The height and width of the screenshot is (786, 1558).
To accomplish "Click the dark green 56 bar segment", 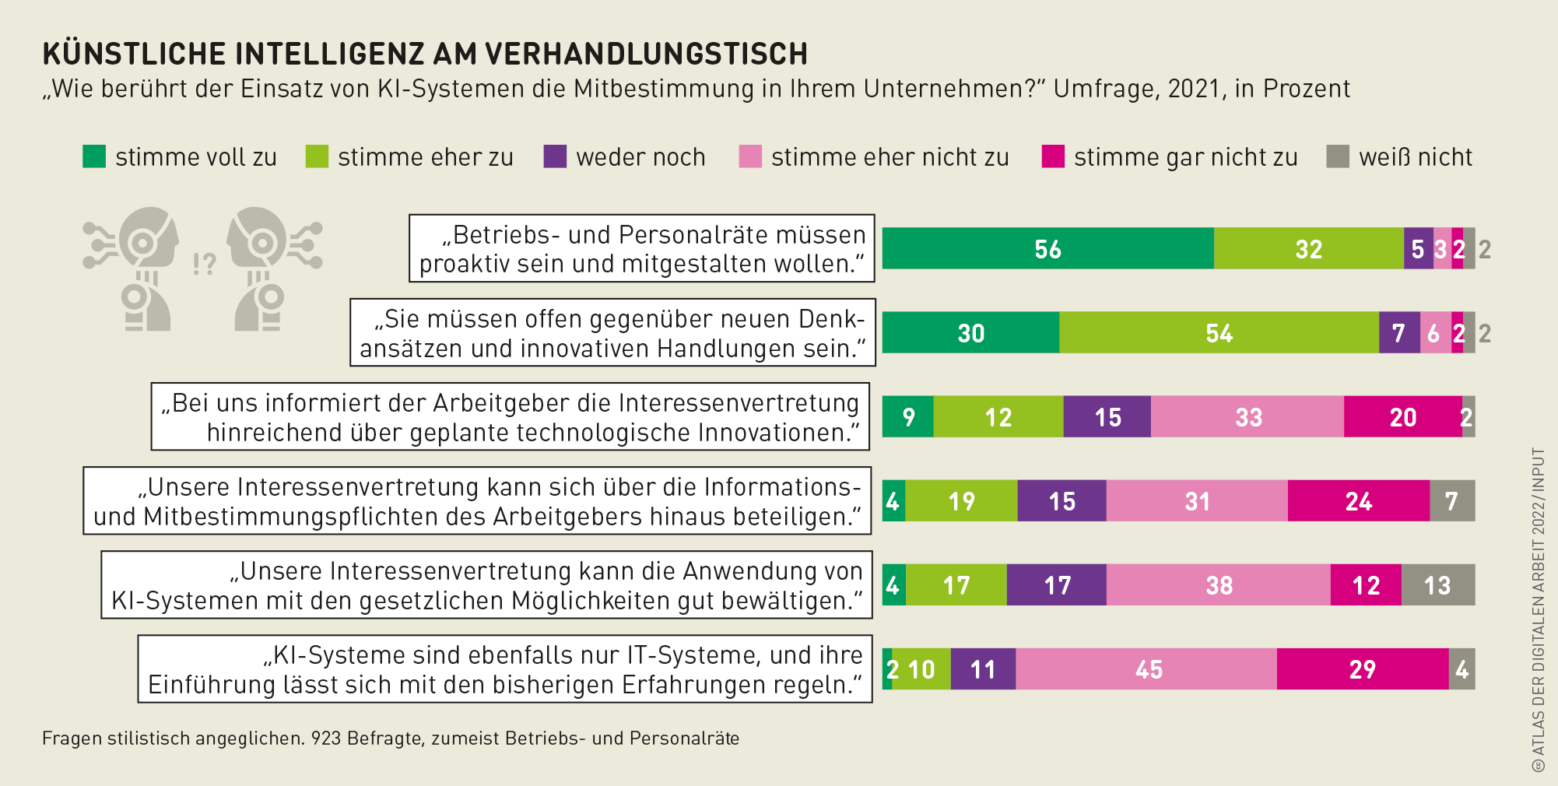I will (1047, 249).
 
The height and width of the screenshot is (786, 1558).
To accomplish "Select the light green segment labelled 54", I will (1219, 333).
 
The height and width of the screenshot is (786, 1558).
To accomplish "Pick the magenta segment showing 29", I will (1362, 669).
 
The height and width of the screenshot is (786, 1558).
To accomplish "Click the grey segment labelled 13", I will (1437, 585).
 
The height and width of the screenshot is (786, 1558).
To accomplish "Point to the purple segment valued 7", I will (1398, 333).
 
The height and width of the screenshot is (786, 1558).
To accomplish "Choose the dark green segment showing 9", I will (907, 417).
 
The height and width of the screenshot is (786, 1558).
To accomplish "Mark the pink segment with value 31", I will (1197, 501).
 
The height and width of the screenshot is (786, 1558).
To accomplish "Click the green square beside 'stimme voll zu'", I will (94, 156).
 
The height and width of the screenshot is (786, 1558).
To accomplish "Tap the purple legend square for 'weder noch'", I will (555, 156).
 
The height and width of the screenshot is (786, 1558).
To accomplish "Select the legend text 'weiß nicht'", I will (1416, 157).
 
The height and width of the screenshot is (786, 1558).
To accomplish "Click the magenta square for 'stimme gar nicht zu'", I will (1053, 156).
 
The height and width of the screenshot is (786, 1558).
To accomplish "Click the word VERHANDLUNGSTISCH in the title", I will (647, 54).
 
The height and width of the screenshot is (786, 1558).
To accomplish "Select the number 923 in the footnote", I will (326, 739).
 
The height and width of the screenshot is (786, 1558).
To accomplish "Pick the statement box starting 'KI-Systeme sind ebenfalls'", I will (505, 669).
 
